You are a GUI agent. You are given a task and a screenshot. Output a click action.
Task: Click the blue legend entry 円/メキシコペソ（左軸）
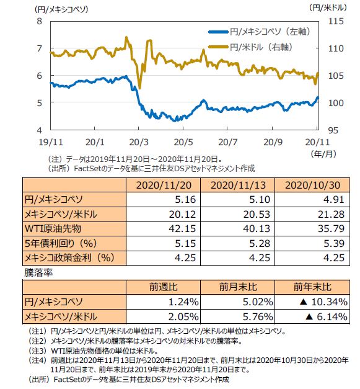[x=259, y=32]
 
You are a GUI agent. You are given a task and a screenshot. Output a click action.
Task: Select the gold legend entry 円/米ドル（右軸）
[x=250, y=47]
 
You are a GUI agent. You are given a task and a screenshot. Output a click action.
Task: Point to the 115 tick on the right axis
[x=336, y=21]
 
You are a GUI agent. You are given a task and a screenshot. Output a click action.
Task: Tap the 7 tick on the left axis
[x=40, y=48]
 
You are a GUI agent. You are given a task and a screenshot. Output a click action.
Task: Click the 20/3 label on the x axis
[x=139, y=142]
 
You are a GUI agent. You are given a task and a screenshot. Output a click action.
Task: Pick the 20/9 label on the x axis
[x=273, y=142]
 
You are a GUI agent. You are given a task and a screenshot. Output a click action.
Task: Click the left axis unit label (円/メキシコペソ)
[x=61, y=9]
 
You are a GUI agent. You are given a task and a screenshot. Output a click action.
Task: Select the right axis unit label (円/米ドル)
[x=328, y=8]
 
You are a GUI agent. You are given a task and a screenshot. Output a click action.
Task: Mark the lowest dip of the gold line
[x=140, y=88]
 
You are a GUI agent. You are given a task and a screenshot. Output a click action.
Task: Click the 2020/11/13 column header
[x=238, y=186]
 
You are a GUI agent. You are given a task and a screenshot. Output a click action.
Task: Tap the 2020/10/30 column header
[x=312, y=186]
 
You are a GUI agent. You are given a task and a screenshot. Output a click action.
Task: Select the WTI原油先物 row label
[x=53, y=228]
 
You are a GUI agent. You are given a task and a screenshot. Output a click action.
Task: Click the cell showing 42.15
[x=182, y=228]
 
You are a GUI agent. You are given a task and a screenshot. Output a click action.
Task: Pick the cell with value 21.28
[x=331, y=214]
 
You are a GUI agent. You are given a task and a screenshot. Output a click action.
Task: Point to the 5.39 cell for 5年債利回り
[x=334, y=243]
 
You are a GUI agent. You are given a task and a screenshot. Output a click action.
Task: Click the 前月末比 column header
[x=238, y=287]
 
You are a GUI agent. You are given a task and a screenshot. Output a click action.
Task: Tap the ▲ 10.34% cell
[x=323, y=302]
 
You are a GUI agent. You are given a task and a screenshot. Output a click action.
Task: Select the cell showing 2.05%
[x=183, y=316]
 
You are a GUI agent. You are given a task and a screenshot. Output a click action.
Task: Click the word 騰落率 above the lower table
[x=38, y=272]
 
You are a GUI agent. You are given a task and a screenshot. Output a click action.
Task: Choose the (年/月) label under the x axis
[x=323, y=154]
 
